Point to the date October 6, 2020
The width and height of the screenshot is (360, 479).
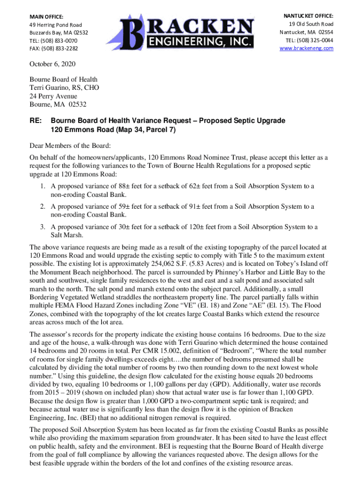(x=52, y=64)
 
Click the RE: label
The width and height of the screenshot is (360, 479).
(x=36, y=121)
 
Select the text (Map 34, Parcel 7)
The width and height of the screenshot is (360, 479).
(x=143, y=130)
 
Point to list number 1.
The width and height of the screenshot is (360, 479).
(x=42, y=187)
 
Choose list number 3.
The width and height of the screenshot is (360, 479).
(x=42, y=227)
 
